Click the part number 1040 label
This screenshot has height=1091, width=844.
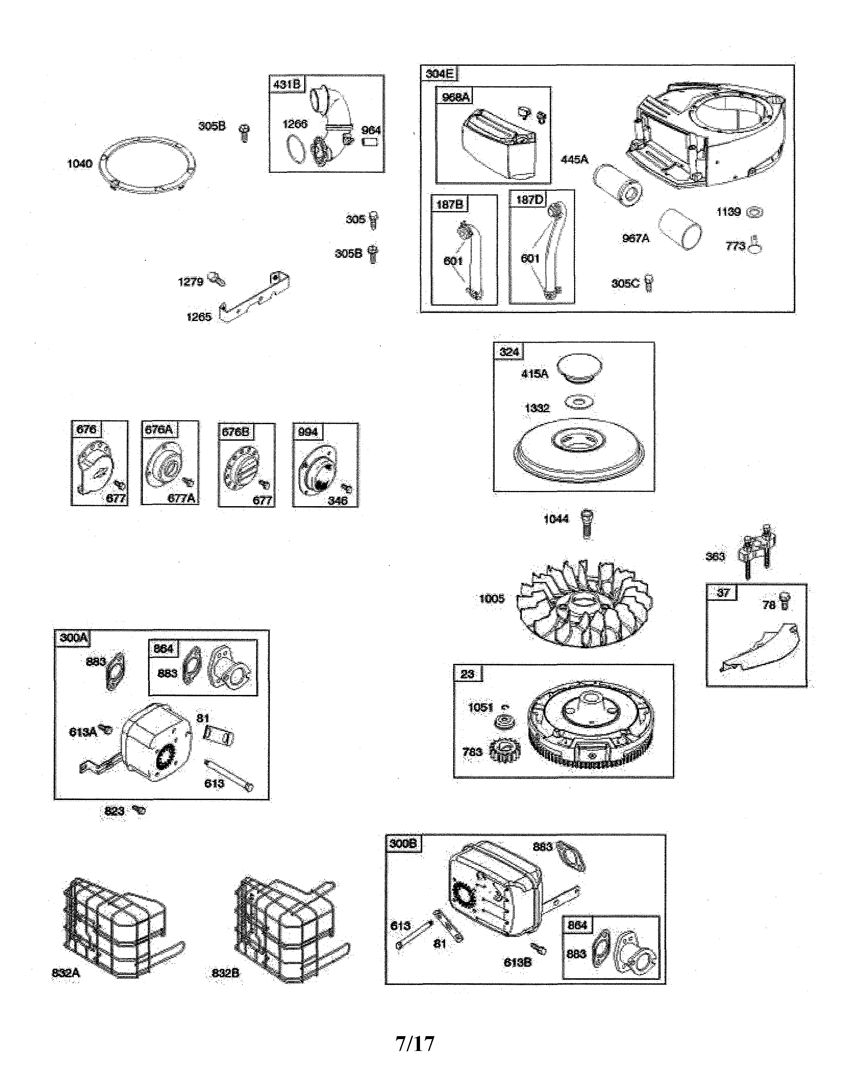click(79, 164)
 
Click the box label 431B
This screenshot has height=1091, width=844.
click(287, 84)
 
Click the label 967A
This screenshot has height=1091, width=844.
click(635, 239)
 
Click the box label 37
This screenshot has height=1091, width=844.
click(723, 593)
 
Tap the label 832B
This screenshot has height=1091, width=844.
click(225, 973)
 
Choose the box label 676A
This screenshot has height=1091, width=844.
click(159, 429)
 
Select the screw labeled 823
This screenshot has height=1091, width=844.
click(139, 810)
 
